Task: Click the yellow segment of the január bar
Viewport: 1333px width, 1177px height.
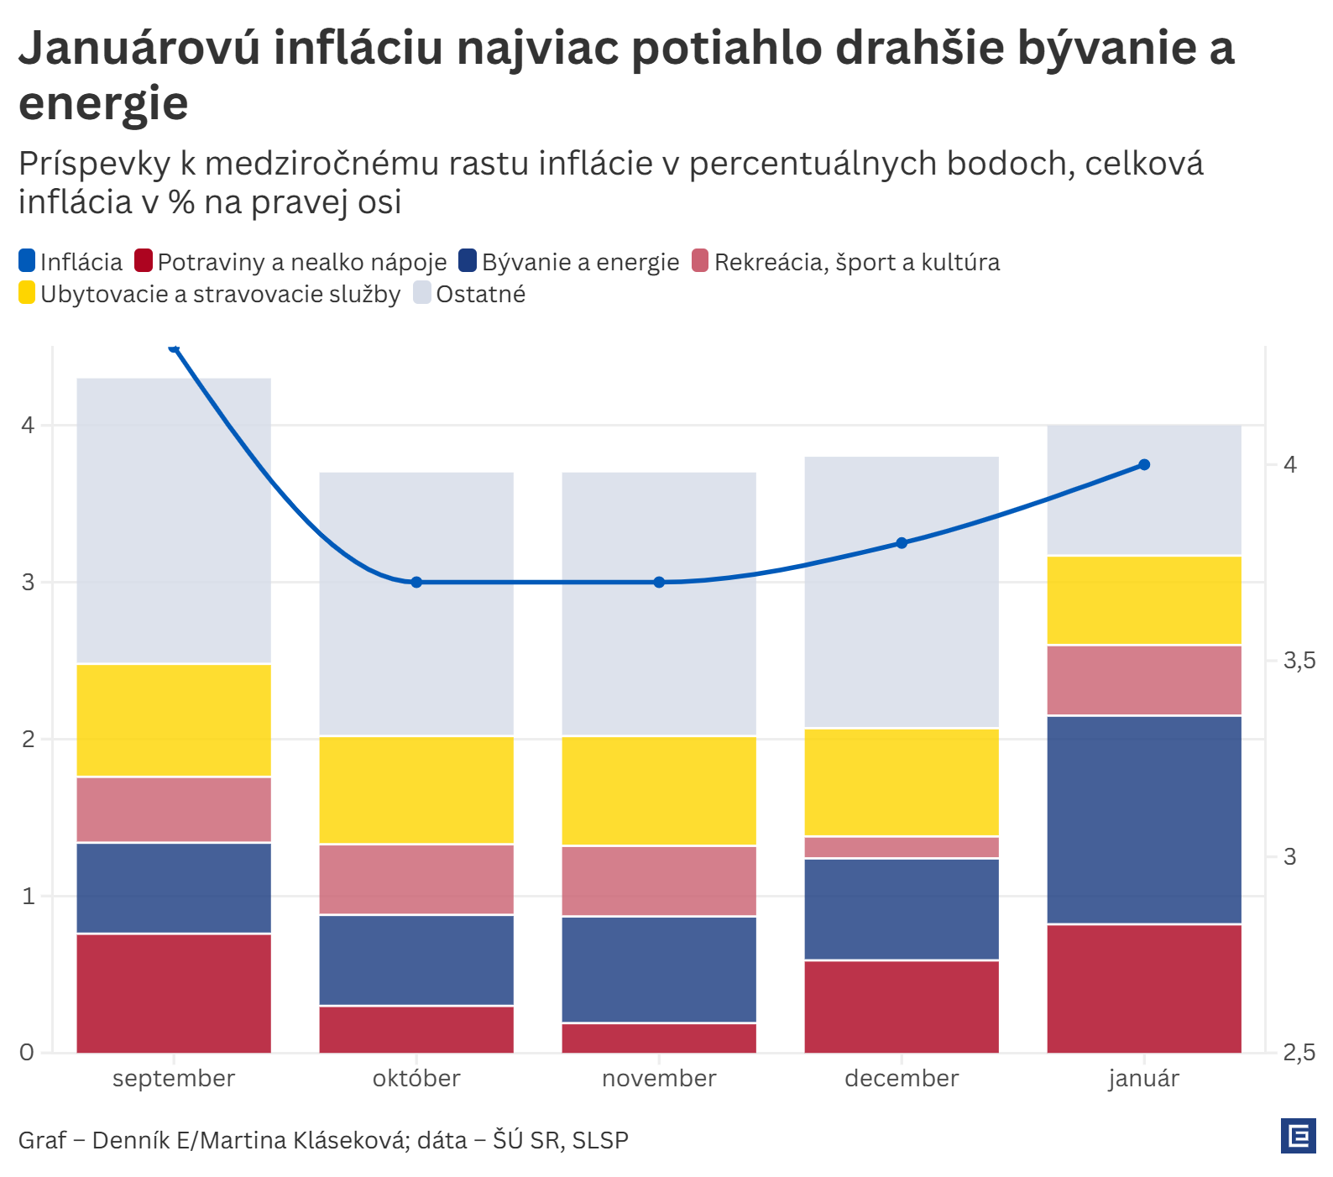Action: (1144, 600)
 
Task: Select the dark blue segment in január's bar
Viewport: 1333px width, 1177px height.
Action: (1144, 819)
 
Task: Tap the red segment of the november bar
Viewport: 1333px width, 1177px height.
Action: (659, 1038)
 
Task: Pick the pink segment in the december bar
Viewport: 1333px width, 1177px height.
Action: (902, 848)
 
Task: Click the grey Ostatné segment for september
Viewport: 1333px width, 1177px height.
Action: (174, 520)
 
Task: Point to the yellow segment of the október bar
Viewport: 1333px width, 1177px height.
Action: (416, 790)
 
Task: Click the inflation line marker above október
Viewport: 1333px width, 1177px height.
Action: (416, 583)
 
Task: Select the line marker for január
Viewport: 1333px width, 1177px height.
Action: (1144, 465)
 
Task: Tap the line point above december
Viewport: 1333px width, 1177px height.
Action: (902, 543)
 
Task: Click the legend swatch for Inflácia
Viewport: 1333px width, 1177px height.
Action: (28, 261)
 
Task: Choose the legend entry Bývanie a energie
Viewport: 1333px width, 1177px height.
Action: (580, 262)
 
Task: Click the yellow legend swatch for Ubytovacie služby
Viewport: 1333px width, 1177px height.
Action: (28, 293)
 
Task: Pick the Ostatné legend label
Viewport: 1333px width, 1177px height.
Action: (481, 294)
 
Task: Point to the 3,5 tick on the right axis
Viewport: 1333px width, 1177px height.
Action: (1299, 662)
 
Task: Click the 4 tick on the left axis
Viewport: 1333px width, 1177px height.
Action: (29, 426)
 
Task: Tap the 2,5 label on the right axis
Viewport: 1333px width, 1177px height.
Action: (1299, 1053)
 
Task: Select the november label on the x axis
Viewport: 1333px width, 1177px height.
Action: (659, 1079)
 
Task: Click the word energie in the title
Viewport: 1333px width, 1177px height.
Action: (103, 103)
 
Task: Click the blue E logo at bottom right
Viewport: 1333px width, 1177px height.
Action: (1299, 1137)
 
